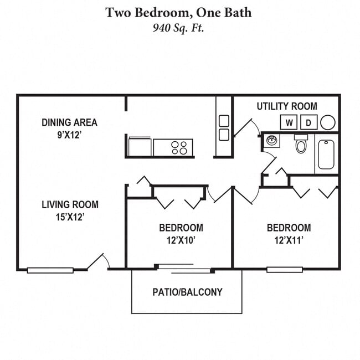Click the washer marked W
pos(289,122)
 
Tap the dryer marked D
pos(309,122)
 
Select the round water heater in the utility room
pos(328,122)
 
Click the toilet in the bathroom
pos(301,145)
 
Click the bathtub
pos(326,154)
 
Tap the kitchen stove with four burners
pos(179,147)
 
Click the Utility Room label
pos(287,106)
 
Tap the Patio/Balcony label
pos(187,292)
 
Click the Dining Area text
pos(69,122)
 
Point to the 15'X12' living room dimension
pos(70,217)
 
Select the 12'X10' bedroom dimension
pos(181,240)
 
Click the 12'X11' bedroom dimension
pos(289,240)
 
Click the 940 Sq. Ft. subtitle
pos(178,28)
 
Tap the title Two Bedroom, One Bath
pos(178,12)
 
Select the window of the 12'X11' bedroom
pos(284,270)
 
